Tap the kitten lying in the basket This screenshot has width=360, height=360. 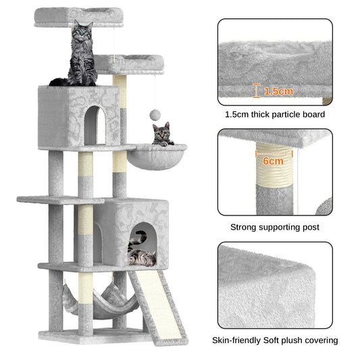(161, 134)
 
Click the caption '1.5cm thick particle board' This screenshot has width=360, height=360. (275, 115)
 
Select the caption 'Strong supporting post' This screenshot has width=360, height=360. (275, 228)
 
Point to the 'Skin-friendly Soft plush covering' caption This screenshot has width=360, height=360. (275, 340)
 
